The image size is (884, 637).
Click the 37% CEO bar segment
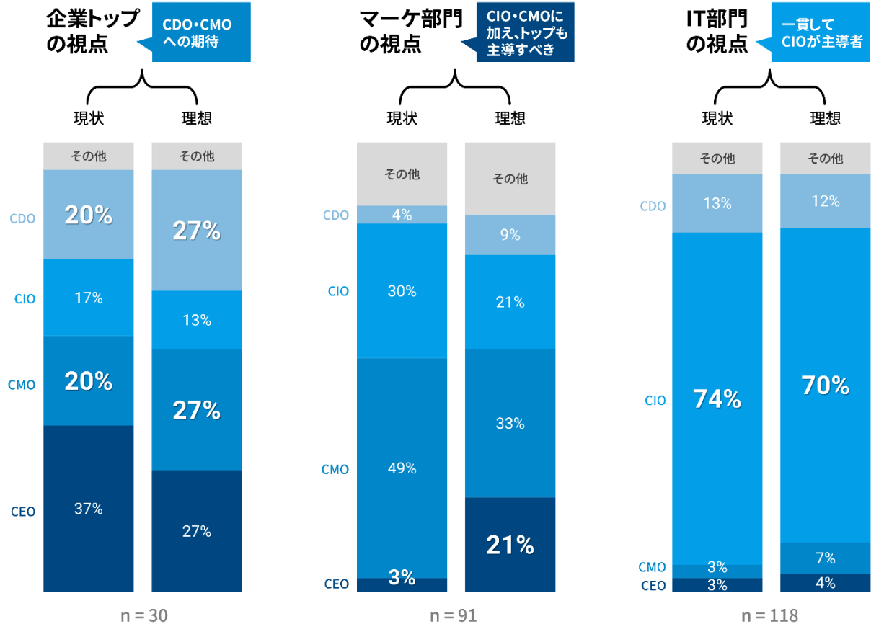(x=89, y=509)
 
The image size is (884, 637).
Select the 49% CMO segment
(x=402, y=468)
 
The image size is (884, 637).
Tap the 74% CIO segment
(x=717, y=398)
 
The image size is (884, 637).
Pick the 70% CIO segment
(x=825, y=386)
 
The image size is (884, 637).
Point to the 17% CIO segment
(x=89, y=298)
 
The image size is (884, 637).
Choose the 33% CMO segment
(x=510, y=423)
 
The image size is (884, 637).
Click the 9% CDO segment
(x=510, y=234)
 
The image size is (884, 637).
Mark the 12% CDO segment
(x=825, y=202)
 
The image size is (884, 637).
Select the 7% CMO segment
(x=825, y=558)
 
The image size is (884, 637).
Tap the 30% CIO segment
(x=402, y=290)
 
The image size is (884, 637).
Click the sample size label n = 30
(x=143, y=616)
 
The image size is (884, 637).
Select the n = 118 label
(x=769, y=616)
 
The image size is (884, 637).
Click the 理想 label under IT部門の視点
(x=825, y=118)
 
